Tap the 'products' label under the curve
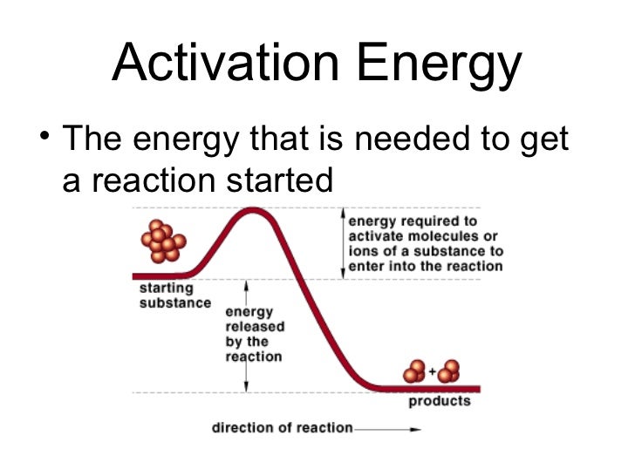[x=439, y=402]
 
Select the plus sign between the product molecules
[x=432, y=372]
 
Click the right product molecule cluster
[x=449, y=371]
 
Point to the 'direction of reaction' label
[x=282, y=428]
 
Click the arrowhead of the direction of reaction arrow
[x=416, y=429]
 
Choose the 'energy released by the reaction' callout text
[x=253, y=334]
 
